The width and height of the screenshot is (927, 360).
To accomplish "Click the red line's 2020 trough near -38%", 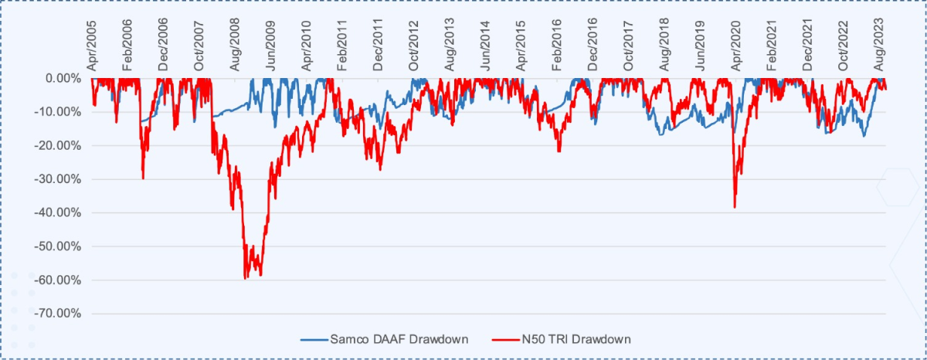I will click(x=735, y=207).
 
